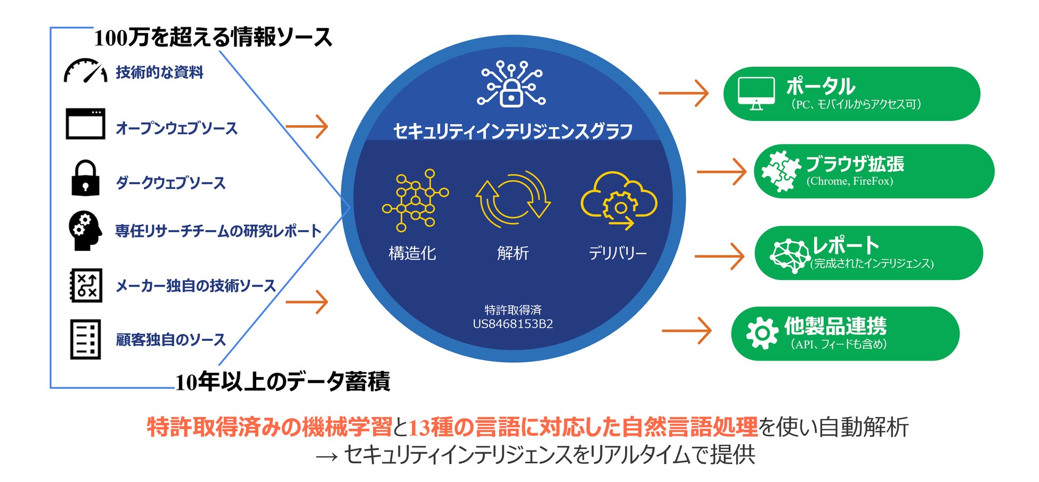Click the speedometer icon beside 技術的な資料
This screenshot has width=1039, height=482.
[x=85, y=71]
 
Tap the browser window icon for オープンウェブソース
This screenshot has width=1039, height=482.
[x=85, y=124]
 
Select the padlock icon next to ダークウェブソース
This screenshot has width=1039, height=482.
[x=85, y=178]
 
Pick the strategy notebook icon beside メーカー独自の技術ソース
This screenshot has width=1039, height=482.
[x=86, y=285]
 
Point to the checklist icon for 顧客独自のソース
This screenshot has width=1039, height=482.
[x=85, y=339]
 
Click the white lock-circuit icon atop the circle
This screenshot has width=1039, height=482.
[x=512, y=84]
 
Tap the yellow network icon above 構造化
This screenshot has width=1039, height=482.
[x=415, y=200]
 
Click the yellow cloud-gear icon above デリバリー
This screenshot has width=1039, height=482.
[x=619, y=200]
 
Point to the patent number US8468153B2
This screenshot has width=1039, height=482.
[x=513, y=324]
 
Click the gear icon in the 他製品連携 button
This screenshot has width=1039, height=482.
[x=762, y=333]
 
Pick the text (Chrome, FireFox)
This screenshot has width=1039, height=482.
[x=849, y=182]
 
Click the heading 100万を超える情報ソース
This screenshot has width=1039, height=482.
[x=213, y=38]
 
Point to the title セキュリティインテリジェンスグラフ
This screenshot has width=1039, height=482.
[x=513, y=131]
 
